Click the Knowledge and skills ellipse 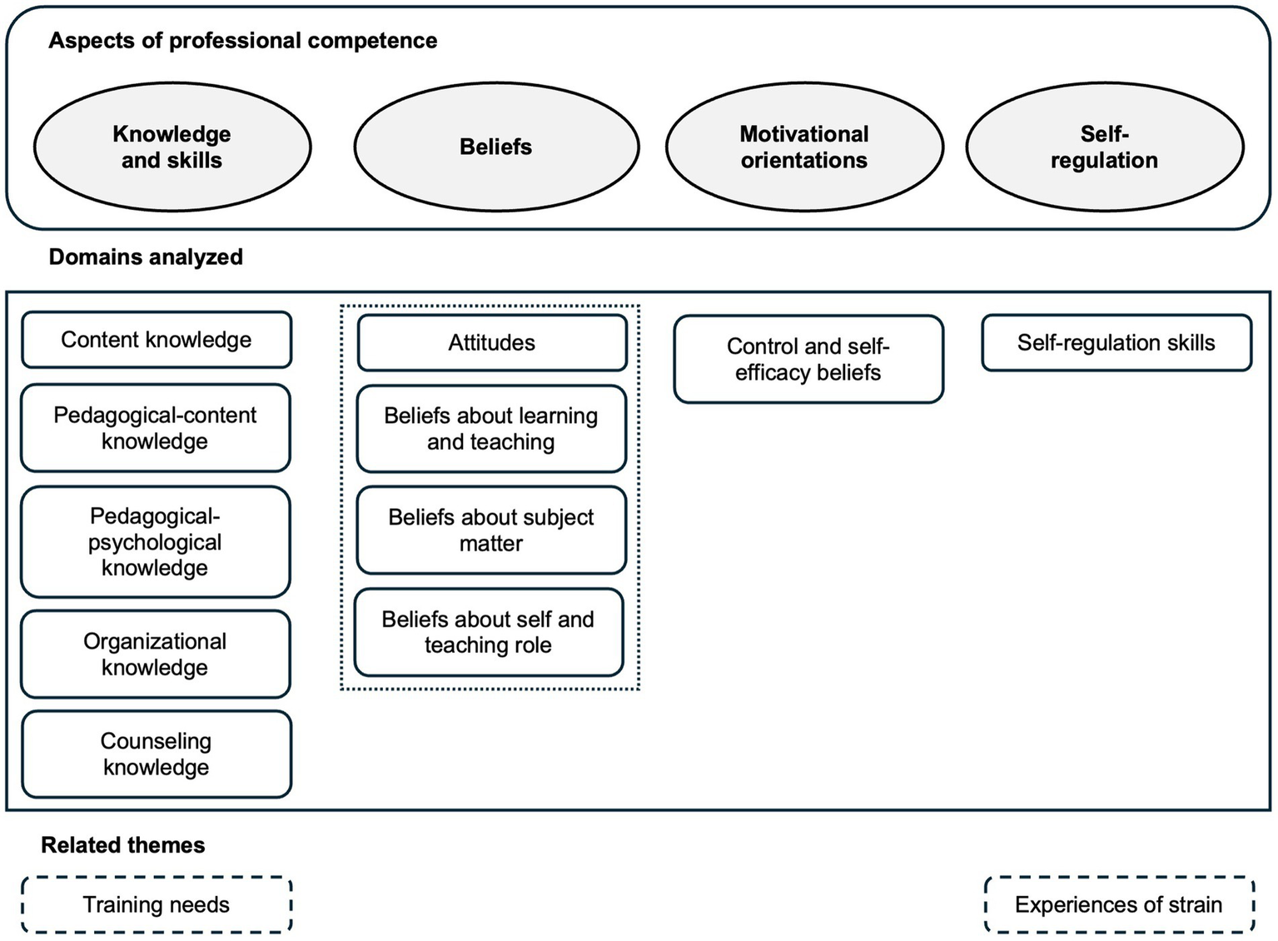coord(172,147)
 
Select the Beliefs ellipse coord(496,147)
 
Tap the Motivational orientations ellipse coord(804,147)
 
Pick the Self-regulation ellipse coord(1104,147)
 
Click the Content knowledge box coord(157,340)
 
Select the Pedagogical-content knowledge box coord(156,428)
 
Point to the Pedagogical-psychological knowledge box coord(156,542)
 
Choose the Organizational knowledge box coord(156,655)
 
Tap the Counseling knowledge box coord(157,754)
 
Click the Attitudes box coord(492,343)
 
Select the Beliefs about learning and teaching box coord(491,429)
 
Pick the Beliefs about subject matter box coord(491,530)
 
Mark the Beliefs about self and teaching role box coord(489,632)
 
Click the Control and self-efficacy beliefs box coord(808,360)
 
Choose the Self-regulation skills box coord(1116,343)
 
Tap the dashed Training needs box coord(157,904)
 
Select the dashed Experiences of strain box coord(1119,904)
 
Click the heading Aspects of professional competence coord(243,41)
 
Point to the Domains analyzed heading coord(146,256)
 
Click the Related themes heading coord(123,845)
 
